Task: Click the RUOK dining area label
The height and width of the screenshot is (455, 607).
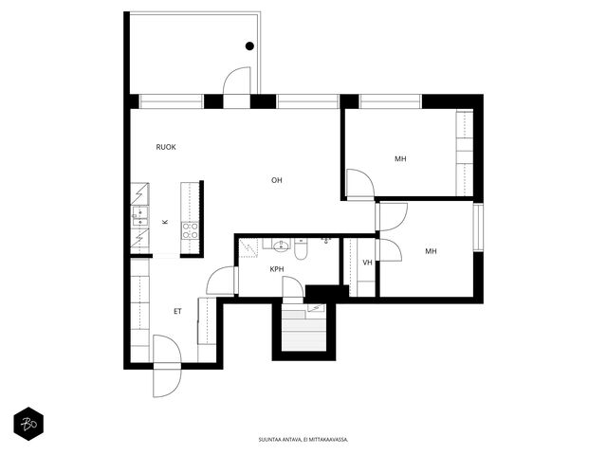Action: tap(166, 147)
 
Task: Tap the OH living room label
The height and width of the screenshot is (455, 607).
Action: tap(276, 180)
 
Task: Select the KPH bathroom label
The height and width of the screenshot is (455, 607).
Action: tap(277, 269)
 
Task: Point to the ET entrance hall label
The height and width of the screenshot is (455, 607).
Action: tap(177, 311)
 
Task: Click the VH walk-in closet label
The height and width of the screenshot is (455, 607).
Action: tap(367, 263)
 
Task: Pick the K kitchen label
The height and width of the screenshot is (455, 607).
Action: tap(165, 222)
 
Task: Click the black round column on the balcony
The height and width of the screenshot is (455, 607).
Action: tap(249, 46)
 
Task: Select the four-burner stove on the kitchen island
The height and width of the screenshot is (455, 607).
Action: tap(190, 230)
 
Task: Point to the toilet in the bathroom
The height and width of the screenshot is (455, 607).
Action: tap(301, 249)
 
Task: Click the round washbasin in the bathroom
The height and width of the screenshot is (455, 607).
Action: tap(281, 246)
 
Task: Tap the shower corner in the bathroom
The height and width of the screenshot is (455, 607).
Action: tap(248, 247)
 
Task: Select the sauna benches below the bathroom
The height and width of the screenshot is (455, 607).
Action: tap(303, 330)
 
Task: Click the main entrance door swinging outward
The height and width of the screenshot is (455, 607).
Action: tap(167, 380)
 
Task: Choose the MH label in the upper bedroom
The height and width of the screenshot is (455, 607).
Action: tap(400, 158)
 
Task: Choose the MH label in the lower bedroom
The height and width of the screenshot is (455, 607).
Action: tap(431, 251)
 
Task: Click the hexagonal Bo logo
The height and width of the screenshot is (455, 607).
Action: tap(28, 424)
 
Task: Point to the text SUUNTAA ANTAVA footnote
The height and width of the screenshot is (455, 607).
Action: tap(303, 440)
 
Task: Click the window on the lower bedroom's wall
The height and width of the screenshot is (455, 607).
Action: tap(478, 227)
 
